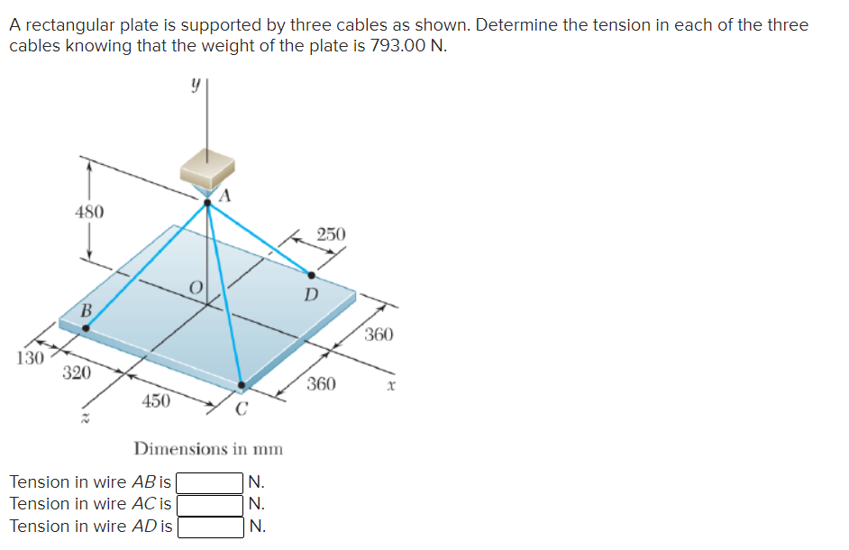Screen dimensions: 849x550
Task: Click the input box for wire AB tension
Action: tap(210, 482)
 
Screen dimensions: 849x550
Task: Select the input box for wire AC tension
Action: tap(210, 504)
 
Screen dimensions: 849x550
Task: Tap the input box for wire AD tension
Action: tap(210, 526)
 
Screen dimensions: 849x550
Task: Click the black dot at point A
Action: tap(207, 203)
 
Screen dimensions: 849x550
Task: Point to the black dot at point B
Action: tap(86, 329)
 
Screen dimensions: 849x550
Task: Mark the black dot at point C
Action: tap(241, 385)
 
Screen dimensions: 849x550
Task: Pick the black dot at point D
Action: tap(311, 275)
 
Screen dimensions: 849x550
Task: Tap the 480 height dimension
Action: tap(88, 212)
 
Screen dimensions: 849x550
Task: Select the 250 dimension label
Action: tap(331, 234)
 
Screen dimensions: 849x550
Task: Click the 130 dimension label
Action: tap(30, 357)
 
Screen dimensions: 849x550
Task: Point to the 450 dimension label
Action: tap(156, 400)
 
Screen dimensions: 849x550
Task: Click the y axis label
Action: tap(194, 83)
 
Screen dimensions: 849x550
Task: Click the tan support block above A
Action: tap(207, 169)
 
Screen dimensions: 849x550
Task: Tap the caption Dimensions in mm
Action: tap(208, 448)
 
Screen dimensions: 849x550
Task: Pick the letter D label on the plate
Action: tap(311, 294)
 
